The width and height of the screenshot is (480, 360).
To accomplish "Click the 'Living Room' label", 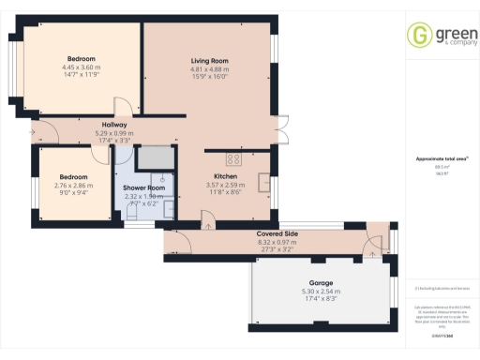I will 210,61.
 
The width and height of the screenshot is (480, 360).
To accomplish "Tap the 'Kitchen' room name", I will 226,175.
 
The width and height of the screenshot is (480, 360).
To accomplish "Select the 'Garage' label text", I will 322,282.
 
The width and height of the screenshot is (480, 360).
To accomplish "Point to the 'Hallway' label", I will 114,125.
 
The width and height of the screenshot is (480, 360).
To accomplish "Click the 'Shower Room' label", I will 144,187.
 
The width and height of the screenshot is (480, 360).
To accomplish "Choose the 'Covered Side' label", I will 277,233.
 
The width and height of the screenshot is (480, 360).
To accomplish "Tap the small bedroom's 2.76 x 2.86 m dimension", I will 73,186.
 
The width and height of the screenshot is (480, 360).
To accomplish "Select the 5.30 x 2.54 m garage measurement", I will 322,291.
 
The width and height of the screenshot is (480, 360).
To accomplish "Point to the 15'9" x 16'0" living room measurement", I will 210,77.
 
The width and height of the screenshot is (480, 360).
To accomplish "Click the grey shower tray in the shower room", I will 156,157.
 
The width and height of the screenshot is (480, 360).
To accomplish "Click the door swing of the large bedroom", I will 120,107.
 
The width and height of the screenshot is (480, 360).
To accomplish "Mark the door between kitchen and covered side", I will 207,219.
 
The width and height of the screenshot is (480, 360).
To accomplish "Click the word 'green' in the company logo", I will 447,32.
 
